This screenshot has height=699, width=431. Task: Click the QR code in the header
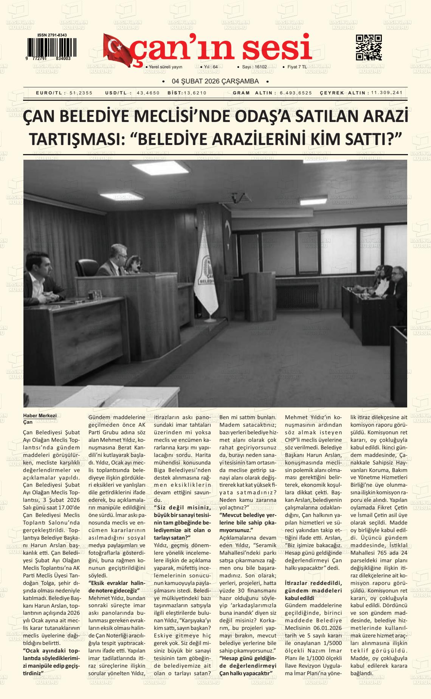point(369,48)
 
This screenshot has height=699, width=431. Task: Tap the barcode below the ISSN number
point(51,47)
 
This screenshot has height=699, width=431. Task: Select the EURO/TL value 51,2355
point(81,93)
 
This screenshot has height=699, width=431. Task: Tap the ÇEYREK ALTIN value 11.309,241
point(387,93)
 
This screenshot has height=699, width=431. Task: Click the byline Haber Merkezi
point(40,415)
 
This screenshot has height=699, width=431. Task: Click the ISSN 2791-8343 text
point(52,35)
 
